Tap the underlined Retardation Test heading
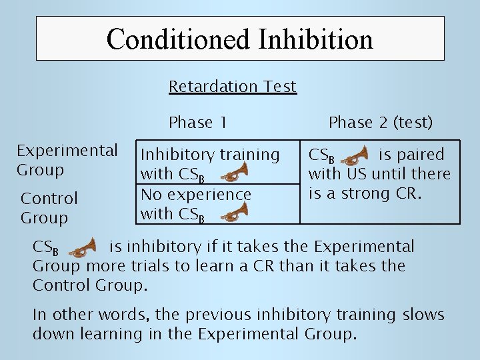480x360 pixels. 233,87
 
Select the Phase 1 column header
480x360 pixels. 198,123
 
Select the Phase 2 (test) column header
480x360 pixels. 381,123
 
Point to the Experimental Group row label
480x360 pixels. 67,160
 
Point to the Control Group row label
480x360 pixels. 49,207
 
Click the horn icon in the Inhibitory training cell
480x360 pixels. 234,175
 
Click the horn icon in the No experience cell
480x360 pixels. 234,214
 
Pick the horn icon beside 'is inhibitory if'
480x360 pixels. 83,248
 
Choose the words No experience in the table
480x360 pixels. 195,195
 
